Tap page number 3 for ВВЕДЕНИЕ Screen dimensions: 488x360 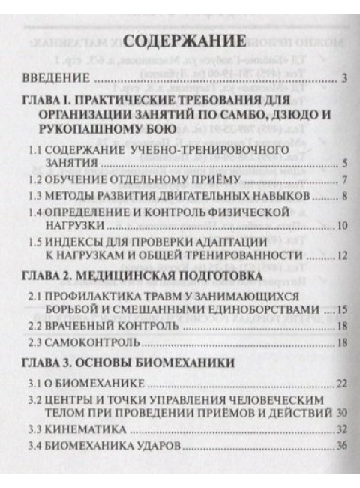click(x=343, y=78)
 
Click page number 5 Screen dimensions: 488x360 click(x=343, y=163)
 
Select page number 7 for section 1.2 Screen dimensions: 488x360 click(x=343, y=180)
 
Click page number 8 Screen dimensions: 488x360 click(x=343, y=197)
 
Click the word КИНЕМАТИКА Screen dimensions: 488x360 click(x=82, y=430)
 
